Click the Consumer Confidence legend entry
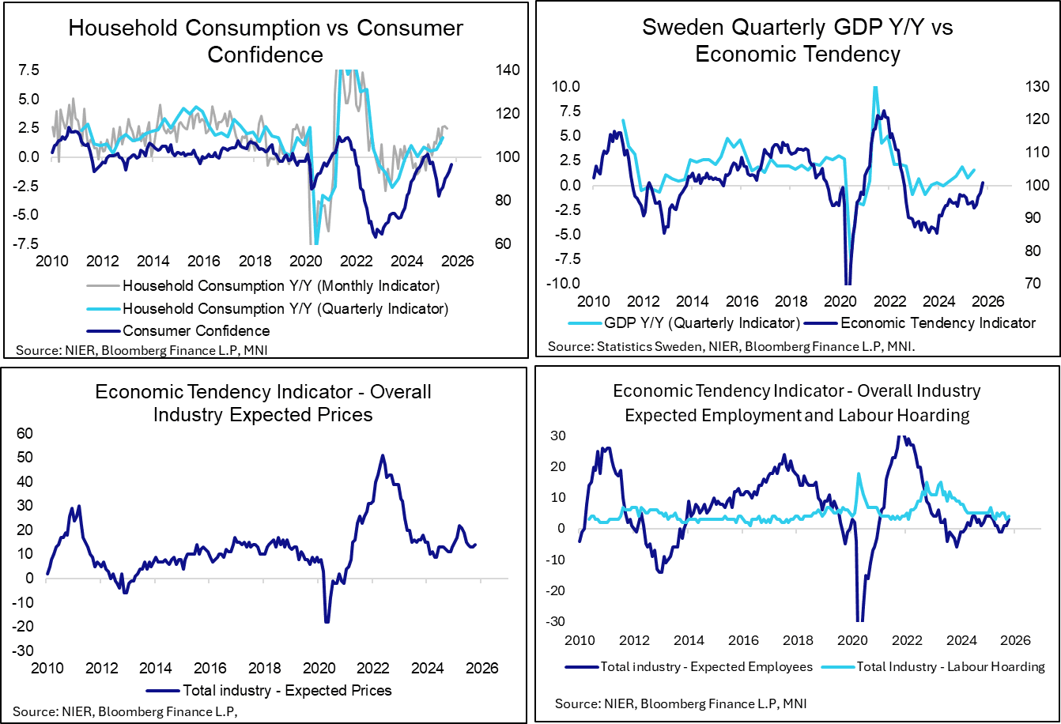[196, 330]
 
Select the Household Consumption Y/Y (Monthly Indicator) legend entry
[281, 285]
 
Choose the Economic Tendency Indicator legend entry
[938, 322]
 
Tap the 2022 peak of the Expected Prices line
[383, 455]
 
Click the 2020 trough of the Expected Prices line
[327, 622]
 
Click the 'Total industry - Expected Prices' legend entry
[287, 690]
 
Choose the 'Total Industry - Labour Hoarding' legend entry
[971, 666]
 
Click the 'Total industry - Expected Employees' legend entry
[707, 666]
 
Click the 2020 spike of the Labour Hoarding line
[859, 474]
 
